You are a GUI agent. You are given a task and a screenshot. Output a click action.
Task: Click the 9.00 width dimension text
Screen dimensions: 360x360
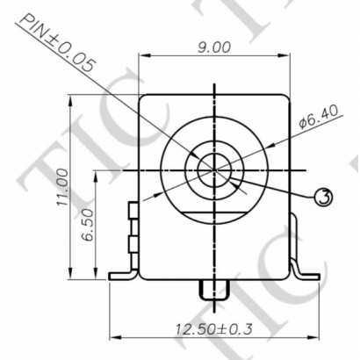(213, 47)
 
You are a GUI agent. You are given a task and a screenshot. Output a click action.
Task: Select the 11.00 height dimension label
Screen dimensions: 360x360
(61, 188)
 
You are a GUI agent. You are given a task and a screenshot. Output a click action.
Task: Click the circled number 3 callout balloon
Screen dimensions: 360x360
(323, 197)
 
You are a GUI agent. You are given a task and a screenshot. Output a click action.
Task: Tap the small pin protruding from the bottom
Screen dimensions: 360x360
(213, 289)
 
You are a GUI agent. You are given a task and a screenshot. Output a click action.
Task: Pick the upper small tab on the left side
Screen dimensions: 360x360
(133, 212)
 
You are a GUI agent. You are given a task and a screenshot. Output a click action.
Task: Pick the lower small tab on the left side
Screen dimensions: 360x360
(133, 242)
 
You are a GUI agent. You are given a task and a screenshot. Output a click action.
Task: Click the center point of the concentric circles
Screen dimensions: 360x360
(213, 169)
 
